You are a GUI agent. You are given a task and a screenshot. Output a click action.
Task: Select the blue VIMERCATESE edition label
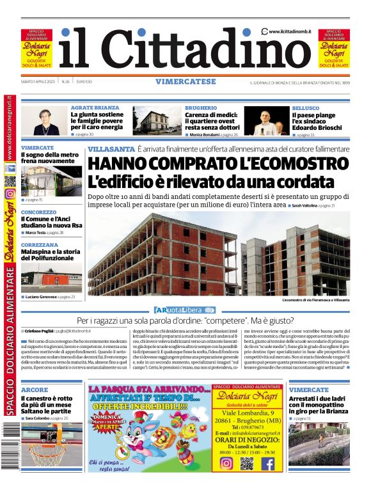[185, 81]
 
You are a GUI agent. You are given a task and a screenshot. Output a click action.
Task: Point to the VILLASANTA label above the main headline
[111, 149]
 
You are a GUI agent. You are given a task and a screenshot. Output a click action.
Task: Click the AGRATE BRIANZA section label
[95, 108]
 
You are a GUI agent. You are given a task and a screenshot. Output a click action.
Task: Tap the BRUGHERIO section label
[201, 108]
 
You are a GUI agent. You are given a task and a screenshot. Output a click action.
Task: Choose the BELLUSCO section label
[306, 108]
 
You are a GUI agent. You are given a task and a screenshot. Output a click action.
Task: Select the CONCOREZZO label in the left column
[38, 212]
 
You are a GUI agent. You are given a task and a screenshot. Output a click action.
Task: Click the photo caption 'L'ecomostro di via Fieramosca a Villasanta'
[315, 299]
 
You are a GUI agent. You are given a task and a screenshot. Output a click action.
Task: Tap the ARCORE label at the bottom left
[34, 390]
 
